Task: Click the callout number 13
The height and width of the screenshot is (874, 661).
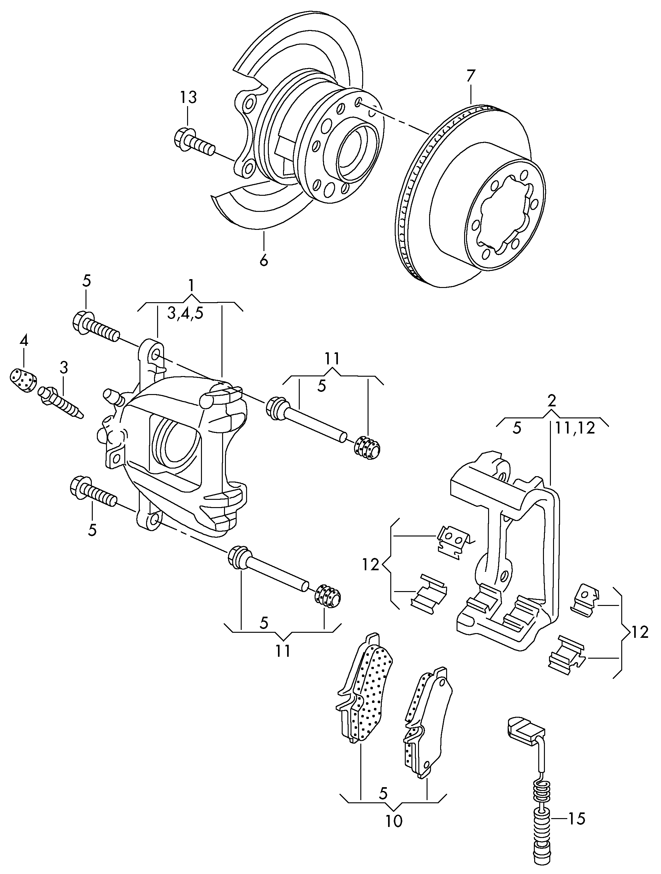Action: tap(188, 97)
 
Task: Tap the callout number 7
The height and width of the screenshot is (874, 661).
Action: tap(471, 76)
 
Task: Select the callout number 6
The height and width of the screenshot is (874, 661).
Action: tap(263, 260)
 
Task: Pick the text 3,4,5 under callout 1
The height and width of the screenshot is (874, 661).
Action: tap(185, 313)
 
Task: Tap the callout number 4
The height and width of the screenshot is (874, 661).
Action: tap(24, 341)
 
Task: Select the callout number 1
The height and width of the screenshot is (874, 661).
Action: tap(191, 285)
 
